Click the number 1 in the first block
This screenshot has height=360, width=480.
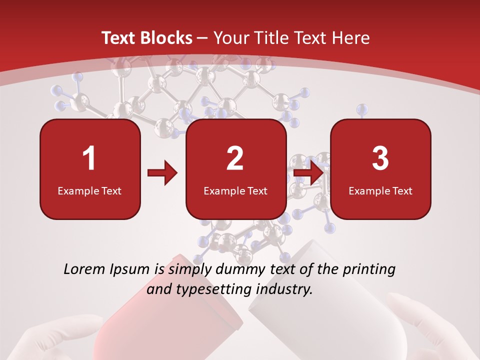point(89,158)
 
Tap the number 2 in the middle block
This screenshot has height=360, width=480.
point(235,158)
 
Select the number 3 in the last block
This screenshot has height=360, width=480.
point(380,158)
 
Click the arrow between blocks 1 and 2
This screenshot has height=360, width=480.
point(162,173)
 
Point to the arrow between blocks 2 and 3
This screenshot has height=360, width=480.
point(308,173)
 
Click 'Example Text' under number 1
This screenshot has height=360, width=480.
point(89,191)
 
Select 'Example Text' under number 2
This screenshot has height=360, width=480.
point(235,191)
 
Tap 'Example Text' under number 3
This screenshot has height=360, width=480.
point(380,191)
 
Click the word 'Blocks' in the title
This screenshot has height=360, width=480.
point(166,38)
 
